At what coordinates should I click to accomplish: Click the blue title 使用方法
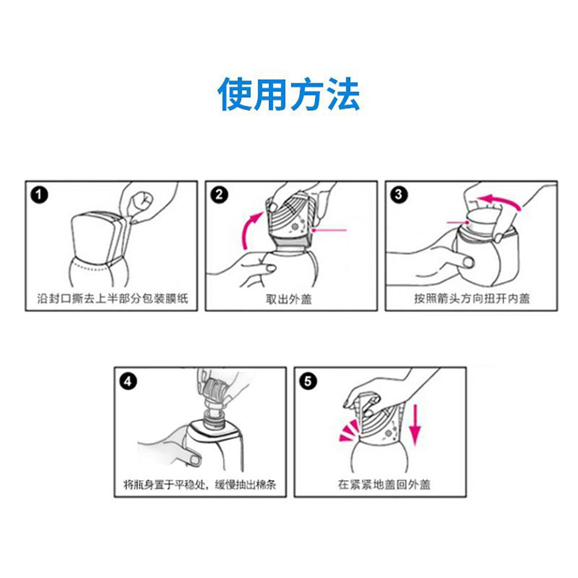(289, 94)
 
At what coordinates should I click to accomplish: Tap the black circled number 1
(39, 195)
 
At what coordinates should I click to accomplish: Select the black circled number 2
(219, 195)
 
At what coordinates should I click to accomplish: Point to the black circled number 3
(399, 195)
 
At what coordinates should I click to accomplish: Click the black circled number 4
(128, 381)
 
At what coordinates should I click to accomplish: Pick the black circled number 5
(308, 381)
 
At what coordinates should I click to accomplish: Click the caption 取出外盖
(289, 299)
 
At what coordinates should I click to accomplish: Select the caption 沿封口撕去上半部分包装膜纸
(113, 298)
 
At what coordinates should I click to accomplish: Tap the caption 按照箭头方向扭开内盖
(472, 298)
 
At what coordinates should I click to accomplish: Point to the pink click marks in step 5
(349, 431)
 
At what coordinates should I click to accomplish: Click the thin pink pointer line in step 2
(329, 230)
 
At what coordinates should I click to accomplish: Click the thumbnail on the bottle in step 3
(469, 262)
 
